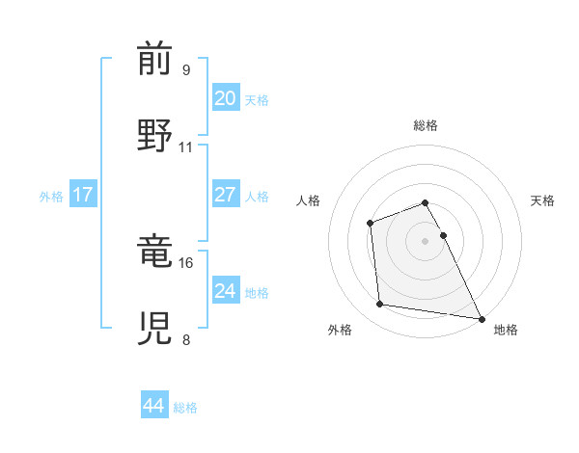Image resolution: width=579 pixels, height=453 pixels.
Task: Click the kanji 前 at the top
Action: coord(154,60)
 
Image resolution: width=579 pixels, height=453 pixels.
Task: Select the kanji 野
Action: coord(154,135)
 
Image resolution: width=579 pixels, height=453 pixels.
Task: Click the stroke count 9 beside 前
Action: coord(186,70)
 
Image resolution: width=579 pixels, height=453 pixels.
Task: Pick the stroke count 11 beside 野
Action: coord(186,147)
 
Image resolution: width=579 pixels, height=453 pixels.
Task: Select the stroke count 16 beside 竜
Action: coord(186,262)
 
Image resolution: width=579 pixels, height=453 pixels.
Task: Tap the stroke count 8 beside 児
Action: coord(186,339)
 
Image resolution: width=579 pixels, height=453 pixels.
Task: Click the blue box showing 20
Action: coord(226,98)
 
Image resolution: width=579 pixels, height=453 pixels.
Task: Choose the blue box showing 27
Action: coord(226,195)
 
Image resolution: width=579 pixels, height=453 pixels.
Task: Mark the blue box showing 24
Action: coord(226,290)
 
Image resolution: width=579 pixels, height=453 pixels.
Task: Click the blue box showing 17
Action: coord(83,195)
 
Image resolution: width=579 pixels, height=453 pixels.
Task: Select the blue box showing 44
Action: coord(154,406)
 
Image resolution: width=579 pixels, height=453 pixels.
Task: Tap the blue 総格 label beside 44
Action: coord(185,408)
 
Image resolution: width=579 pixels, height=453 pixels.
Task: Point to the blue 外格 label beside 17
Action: coord(51,196)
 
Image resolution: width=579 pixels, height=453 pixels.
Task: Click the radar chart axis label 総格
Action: coord(426,125)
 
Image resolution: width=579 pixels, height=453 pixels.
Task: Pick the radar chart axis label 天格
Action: coord(542,200)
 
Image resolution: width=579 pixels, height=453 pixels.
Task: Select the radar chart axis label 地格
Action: coord(506,330)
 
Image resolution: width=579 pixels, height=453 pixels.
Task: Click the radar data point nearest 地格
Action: coord(482,319)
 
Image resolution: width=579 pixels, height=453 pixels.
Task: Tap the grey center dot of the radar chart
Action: coord(425,240)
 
